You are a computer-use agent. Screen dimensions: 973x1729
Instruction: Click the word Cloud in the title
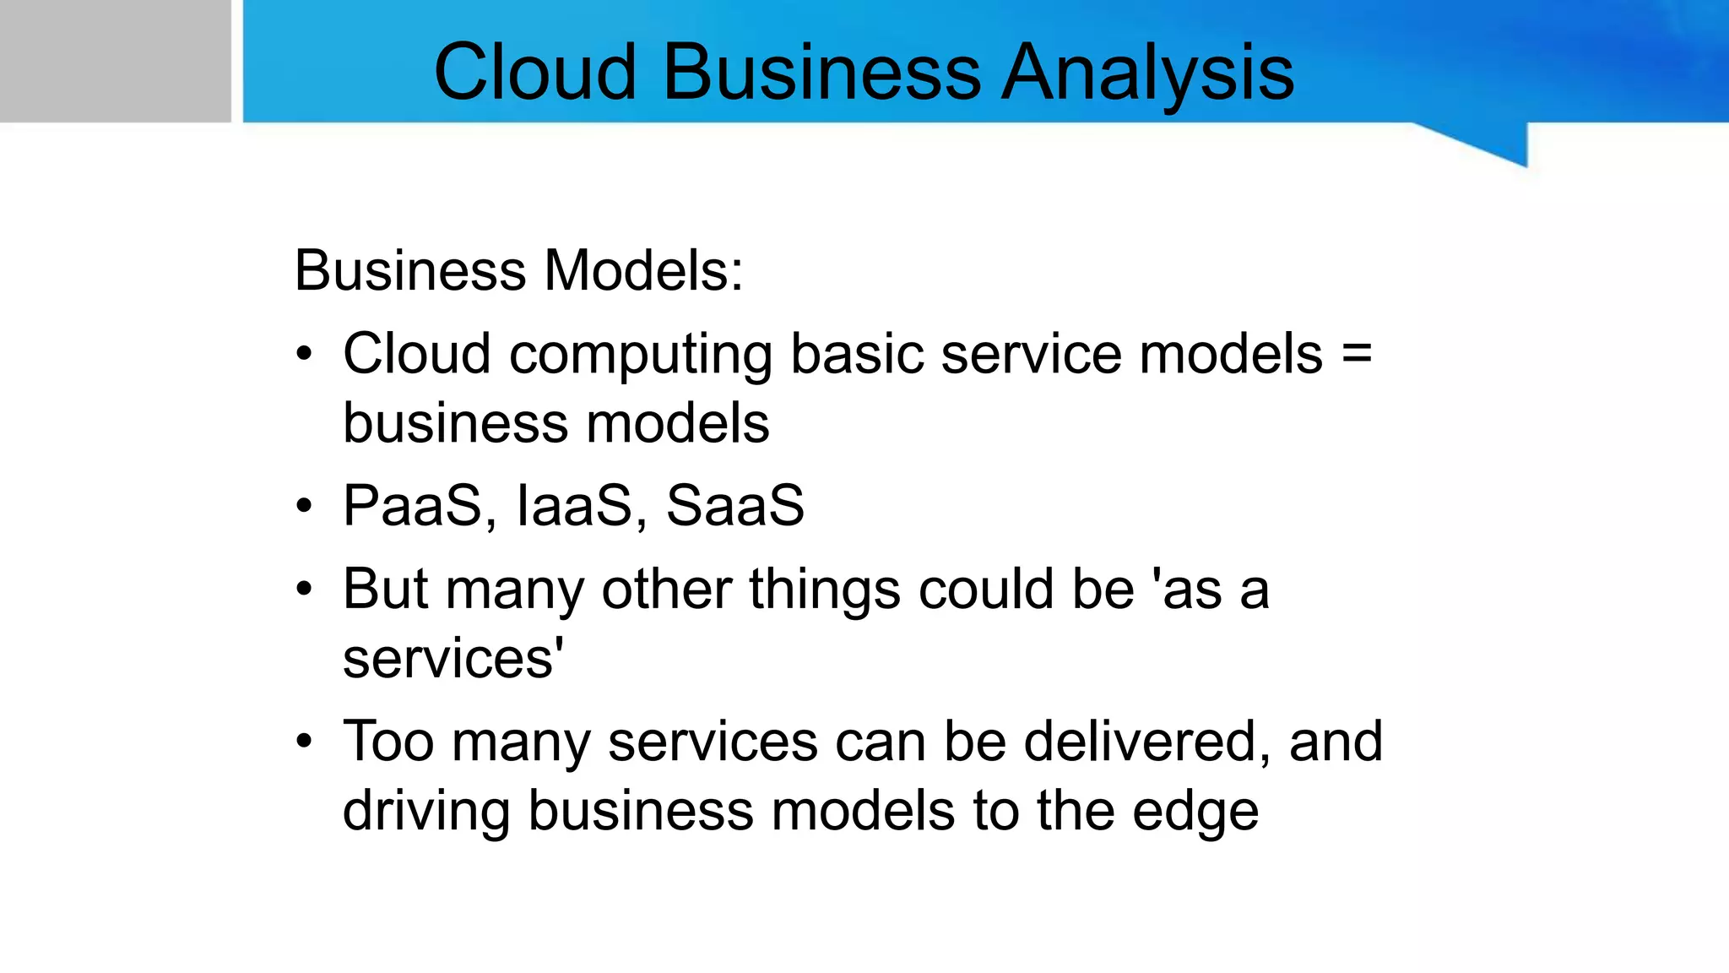click(534, 73)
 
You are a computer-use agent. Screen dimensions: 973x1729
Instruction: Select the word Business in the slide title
click(821, 73)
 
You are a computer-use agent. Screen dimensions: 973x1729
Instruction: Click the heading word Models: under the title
click(643, 271)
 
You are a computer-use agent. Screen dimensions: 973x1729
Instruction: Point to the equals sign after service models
click(1357, 354)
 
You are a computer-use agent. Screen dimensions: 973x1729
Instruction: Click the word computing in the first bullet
click(641, 356)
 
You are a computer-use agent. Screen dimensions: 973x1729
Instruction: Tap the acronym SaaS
click(734, 506)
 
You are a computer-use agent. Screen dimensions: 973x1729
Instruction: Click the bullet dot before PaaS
click(304, 507)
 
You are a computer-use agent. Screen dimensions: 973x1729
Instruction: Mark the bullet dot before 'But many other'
click(304, 590)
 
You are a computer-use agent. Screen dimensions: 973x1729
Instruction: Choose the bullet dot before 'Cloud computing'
click(304, 355)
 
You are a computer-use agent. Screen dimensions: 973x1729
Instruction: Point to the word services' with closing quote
click(453, 659)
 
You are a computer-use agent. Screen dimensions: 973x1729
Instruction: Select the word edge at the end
click(1195, 813)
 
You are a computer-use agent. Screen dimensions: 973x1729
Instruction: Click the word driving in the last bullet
click(426, 813)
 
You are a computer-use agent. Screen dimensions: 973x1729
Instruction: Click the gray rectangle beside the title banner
click(115, 61)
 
